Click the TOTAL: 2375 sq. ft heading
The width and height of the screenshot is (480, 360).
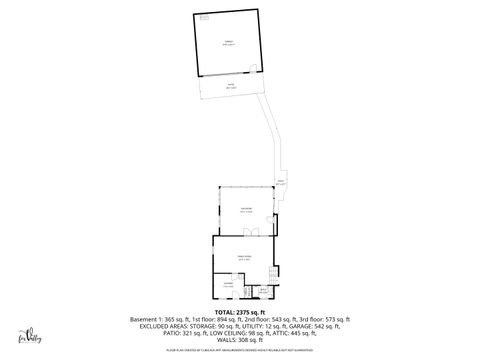click(x=240, y=312)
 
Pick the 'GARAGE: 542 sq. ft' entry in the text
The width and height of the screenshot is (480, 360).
click(x=314, y=326)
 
